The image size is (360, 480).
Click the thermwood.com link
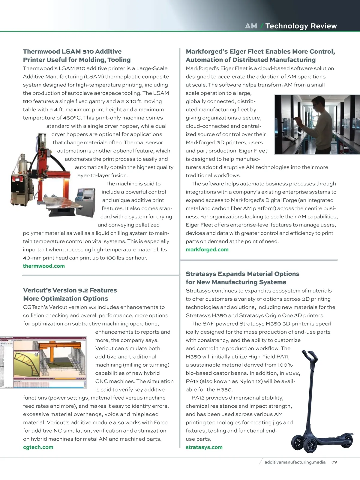[x=44, y=266]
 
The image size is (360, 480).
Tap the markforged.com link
[x=207, y=249]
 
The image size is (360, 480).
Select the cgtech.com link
[x=38, y=447]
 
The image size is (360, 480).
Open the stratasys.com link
[x=204, y=447]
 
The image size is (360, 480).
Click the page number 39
[x=334, y=462]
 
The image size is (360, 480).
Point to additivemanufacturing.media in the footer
[x=295, y=462]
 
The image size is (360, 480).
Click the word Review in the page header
[x=323, y=26]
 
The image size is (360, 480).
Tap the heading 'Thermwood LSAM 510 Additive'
[x=72, y=51]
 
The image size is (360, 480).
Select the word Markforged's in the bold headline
[x=207, y=51]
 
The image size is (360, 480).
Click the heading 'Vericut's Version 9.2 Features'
[x=70, y=290]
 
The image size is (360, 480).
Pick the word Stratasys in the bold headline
[x=200, y=274]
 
